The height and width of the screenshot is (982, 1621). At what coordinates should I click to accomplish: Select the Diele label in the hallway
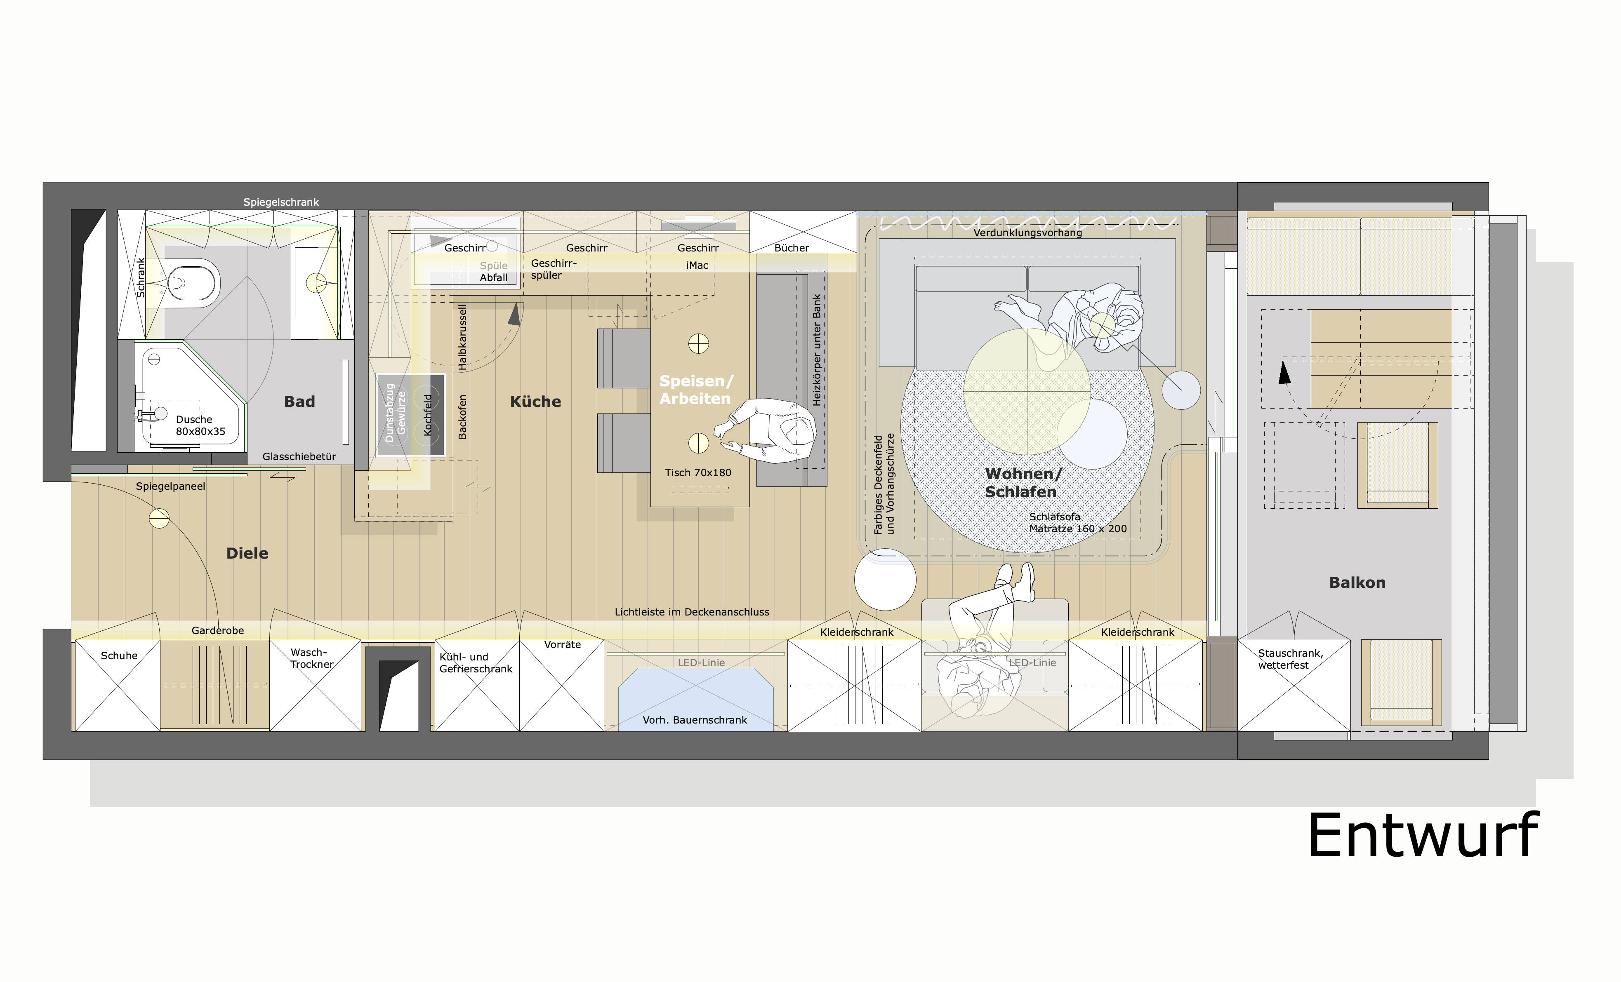[247, 553]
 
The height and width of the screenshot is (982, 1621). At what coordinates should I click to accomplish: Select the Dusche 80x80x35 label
[200, 425]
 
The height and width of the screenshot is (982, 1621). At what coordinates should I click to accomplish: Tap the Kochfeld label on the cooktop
[428, 414]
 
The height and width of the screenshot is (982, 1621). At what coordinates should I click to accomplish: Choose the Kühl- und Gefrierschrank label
[476, 663]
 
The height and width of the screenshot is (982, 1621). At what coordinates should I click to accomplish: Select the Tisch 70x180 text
[698, 473]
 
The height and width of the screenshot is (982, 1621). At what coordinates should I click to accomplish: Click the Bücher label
[792, 248]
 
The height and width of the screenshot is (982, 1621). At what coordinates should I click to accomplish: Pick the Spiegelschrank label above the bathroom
[281, 202]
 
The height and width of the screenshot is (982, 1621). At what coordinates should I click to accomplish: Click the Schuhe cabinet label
[119, 656]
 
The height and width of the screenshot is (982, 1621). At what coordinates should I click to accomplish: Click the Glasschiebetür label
[299, 456]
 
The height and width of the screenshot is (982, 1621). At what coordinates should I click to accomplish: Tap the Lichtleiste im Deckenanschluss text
[692, 612]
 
